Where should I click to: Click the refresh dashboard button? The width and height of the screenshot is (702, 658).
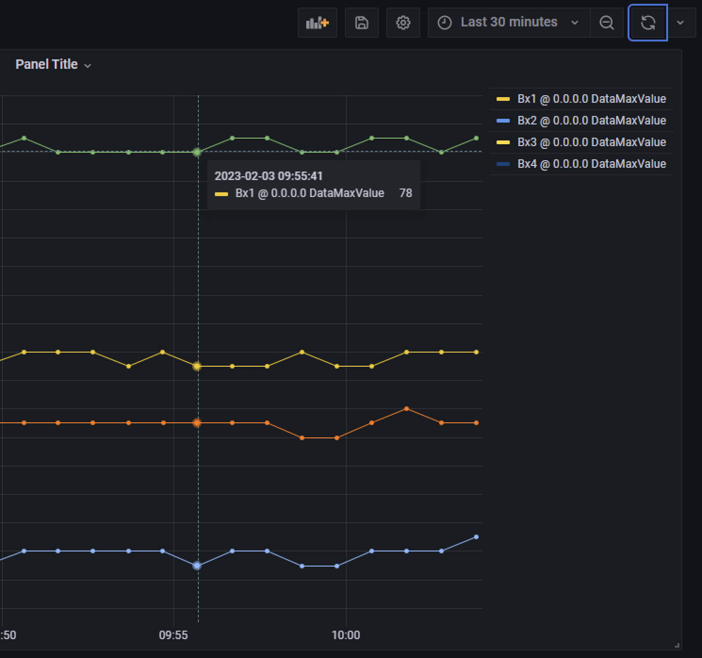[x=648, y=23]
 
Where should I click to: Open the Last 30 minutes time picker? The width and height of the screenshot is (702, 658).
[x=508, y=23]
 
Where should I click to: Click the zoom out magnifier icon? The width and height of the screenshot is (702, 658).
[x=607, y=23]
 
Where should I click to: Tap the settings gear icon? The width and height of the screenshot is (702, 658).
[x=403, y=23]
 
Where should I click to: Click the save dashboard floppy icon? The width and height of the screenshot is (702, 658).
[x=361, y=23]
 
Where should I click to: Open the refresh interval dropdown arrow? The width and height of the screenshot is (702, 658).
[x=680, y=23]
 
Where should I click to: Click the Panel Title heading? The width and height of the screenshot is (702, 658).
[x=47, y=65]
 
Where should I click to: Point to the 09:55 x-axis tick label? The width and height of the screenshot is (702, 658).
[x=173, y=635]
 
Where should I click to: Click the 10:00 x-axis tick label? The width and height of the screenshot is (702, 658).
[x=346, y=635]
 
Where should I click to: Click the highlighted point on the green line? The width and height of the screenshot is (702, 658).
[x=197, y=152]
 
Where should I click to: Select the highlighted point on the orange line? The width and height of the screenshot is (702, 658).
[x=197, y=423]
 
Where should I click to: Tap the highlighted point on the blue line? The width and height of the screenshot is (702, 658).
[x=197, y=566]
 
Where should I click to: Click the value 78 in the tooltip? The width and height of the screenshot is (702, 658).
[x=405, y=193]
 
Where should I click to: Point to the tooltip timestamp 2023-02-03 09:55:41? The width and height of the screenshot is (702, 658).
[x=269, y=176]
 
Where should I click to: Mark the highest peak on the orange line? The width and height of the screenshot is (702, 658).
[x=407, y=409]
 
